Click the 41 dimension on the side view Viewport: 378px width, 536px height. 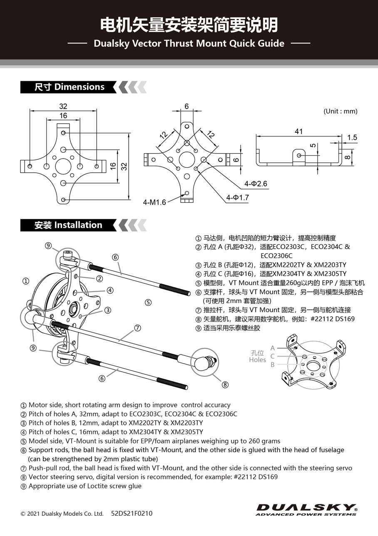point(298,132)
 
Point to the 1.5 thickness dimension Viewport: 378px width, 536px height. point(352,138)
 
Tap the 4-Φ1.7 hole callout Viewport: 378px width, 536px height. point(237,198)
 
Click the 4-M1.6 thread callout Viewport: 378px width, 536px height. point(154,203)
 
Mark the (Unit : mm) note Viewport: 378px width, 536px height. point(340,111)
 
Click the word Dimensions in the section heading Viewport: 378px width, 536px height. point(80,87)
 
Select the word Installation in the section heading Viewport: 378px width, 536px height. point(78,225)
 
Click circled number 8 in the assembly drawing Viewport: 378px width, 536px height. point(225,385)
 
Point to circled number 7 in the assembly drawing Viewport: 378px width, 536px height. point(138,328)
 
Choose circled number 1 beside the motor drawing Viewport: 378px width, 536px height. point(26,281)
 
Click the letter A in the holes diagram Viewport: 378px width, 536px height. point(273,348)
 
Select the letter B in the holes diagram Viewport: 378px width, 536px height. point(273,365)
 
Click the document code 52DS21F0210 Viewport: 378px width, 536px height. point(132,514)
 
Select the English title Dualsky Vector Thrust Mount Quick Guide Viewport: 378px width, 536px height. point(189,43)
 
